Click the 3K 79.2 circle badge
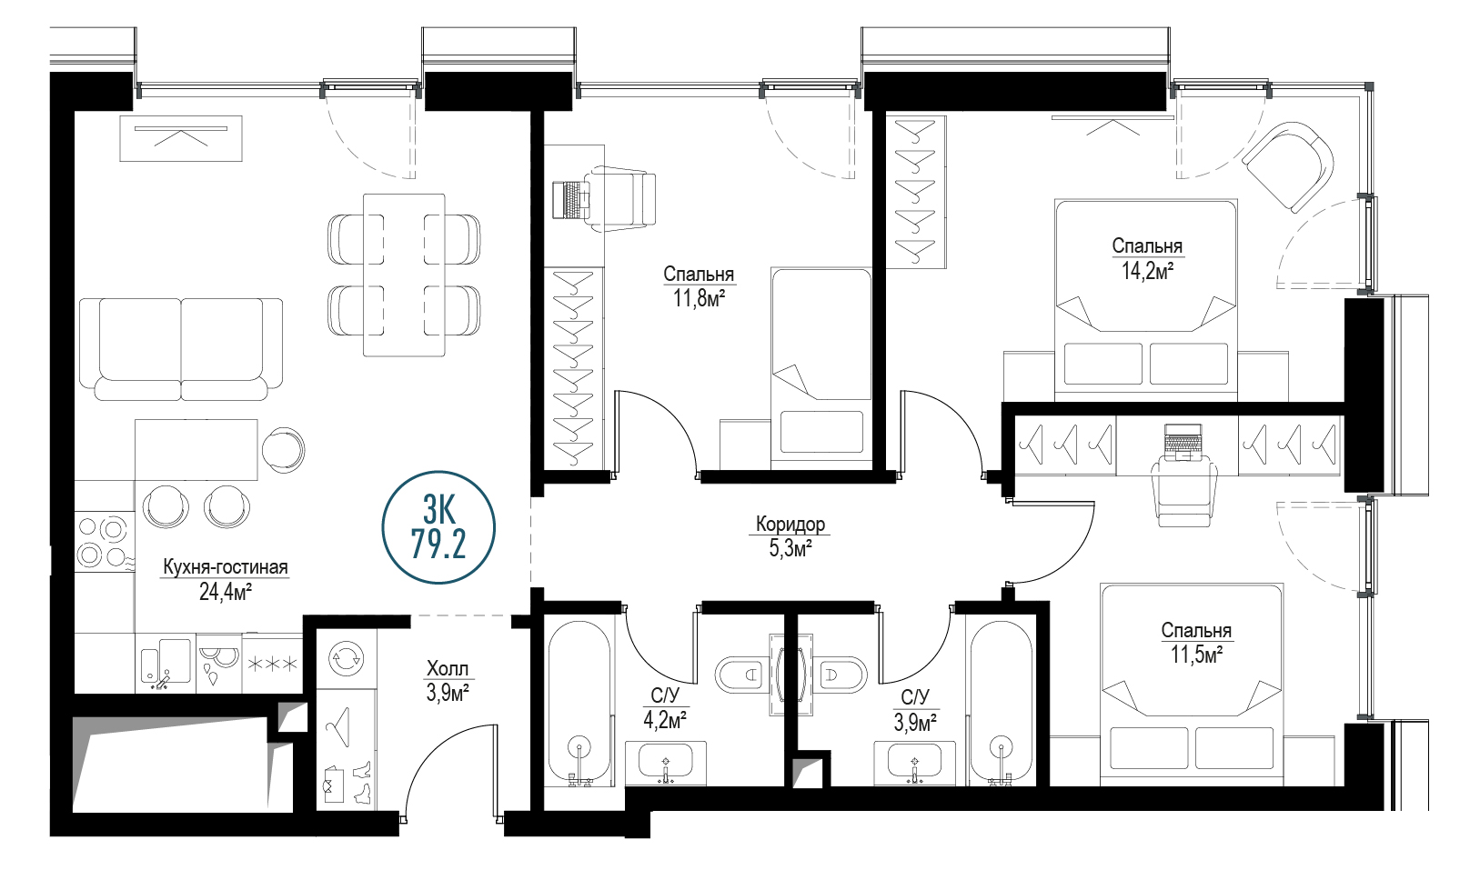pos(438,527)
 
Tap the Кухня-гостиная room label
pos(226,567)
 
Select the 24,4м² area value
pos(226,592)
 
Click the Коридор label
pos(790,524)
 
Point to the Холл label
pos(448,668)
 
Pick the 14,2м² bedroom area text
pos(1147,271)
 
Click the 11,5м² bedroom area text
pos(1196,655)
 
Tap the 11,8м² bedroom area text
pos(699,299)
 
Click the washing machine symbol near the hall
pos(346,658)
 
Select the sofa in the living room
pos(181,349)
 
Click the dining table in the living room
pos(404,275)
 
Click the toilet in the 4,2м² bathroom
pos(741,675)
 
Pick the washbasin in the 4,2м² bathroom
pos(666,763)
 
